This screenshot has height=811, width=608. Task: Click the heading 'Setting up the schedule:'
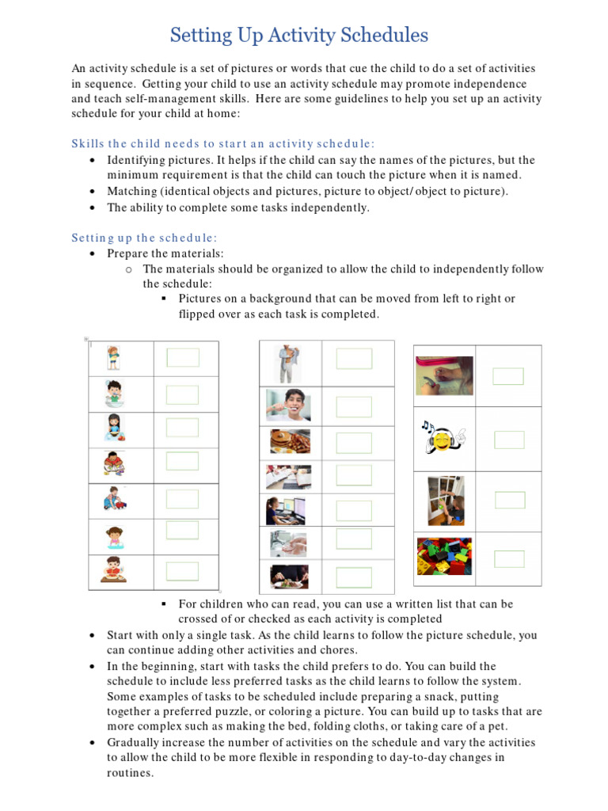[x=144, y=238]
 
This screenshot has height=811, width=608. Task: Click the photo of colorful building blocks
[x=444, y=556]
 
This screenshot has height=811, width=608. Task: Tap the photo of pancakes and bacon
[x=290, y=441]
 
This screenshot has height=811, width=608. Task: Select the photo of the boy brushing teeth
[x=289, y=405]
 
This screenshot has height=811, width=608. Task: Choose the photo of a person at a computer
[x=287, y=510]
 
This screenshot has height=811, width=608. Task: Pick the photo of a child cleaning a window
[x=445, y=500]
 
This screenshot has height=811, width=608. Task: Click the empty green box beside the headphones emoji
[x=509, y=439]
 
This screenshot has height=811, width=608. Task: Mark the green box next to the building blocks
[x=509, y=558]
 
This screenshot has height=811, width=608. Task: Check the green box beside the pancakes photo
[x=353, y=443]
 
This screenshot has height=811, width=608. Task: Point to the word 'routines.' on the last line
[x=131, y=772]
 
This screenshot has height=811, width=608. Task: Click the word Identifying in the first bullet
[x=136, y=160]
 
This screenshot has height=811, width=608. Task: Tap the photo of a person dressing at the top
[x=287, y=364]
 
